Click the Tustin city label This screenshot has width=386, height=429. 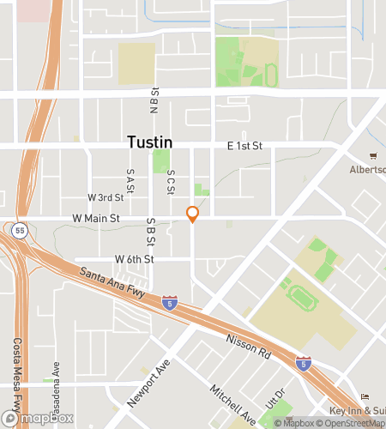pos(150,142)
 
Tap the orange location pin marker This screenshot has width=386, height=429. pos(193,214)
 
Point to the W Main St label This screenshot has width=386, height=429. pos(96,220)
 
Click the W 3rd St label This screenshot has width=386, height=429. pos(106,196)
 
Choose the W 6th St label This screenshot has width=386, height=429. pos(134,259)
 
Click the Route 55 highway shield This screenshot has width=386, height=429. pos(21,229)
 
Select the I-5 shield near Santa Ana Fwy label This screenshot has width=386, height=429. pos(170,302)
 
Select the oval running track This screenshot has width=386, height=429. pos(302,296)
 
